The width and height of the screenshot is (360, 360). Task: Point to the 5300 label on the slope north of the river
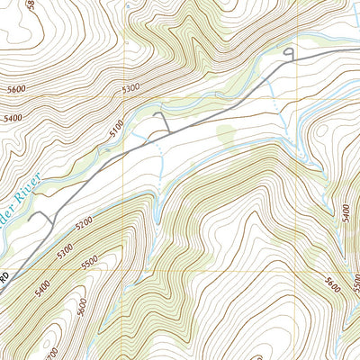pyautogui.click(x=131, y=88)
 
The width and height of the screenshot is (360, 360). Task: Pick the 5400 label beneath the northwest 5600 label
pyautogui.click(x=12, y=118)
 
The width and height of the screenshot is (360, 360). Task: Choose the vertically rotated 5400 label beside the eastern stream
pyautogui.click(x=346, y=212)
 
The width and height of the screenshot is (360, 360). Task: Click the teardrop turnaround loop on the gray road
pyautogui.click(x=289, y=55)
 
